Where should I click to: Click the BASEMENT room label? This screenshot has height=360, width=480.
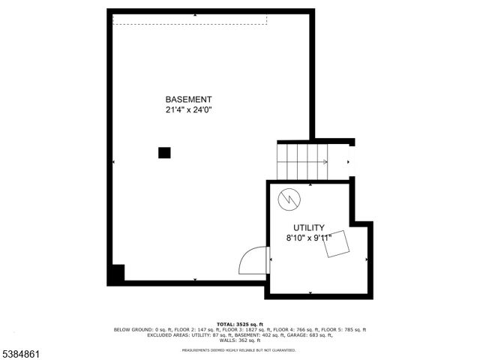click(x=188, y=99)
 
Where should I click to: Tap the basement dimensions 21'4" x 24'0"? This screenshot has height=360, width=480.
click(x=188, y=109)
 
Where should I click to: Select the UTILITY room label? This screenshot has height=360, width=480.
click(x=308, y=228)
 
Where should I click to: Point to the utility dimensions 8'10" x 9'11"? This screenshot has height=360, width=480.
click(x=308, y=238)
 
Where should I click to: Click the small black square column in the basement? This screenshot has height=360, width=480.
click(x=164, y=153)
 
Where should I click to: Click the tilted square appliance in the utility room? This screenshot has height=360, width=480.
click(x=337, y=244)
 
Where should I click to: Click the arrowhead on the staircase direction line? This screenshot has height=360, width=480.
click(x=325, y=161)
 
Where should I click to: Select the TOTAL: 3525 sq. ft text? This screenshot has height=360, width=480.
click(x=239, y=324)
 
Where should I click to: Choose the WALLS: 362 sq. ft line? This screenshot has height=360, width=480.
click(x=239, y=340)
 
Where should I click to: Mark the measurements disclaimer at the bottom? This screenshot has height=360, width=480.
click(x=239, y=349)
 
